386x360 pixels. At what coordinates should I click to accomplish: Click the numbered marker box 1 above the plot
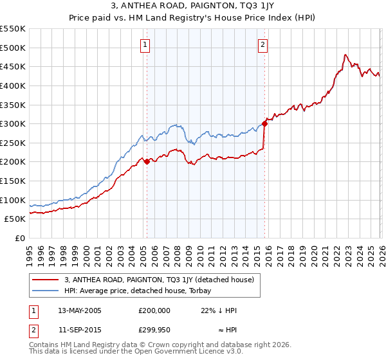coord(146,45)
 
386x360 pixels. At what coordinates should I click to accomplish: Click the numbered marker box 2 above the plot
coord(264,45)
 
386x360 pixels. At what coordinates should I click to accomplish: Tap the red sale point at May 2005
coord(147,161)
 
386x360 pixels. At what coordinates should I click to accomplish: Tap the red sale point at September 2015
coord(264,124)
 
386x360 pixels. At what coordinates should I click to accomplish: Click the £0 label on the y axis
coord(19,238)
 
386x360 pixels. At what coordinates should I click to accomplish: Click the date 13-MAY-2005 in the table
coord(80,310)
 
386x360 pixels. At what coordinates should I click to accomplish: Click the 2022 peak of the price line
coord(346,55)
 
